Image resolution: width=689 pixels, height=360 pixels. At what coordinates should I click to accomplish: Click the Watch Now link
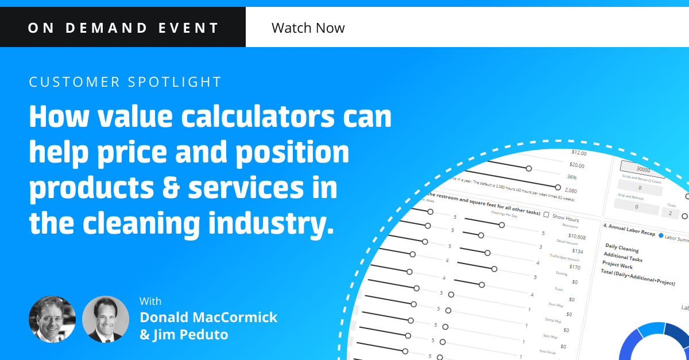point(308,28)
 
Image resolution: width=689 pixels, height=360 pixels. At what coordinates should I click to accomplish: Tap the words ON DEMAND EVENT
point(123,28)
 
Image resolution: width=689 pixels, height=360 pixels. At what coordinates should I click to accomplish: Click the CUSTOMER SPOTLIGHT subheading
point(125,82)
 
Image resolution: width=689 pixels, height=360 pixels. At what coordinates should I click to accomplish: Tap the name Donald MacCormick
point(208,317)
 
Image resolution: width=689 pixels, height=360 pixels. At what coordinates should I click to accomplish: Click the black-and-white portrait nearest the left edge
point(52,319)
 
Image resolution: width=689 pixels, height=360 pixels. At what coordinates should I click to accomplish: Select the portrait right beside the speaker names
point(106,319)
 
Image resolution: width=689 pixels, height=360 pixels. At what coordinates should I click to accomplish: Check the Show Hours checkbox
point(546,215)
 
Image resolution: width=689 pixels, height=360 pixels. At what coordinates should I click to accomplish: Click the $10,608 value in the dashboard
point(576,237)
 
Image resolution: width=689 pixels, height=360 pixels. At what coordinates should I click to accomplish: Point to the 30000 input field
point(643,170)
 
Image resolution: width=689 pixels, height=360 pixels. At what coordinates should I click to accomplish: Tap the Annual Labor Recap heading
point(629,226)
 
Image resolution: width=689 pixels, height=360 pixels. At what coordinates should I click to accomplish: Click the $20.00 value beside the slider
point(576,165)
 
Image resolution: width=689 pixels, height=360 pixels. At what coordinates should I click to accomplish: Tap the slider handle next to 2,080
point(557,187)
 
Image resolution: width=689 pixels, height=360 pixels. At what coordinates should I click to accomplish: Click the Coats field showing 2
point(669,214)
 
